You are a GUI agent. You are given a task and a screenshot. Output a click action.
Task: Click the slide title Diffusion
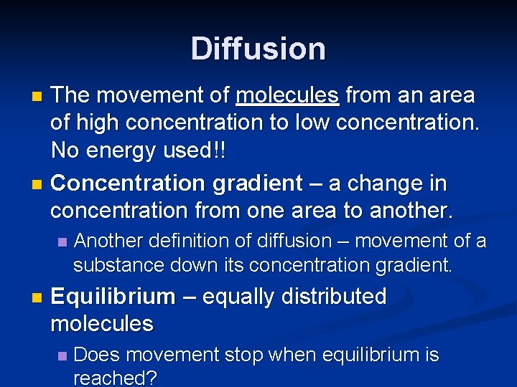[258, 49]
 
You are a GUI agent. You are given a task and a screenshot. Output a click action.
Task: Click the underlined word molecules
[287, 95]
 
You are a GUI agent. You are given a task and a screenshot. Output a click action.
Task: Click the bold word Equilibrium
[113, 296]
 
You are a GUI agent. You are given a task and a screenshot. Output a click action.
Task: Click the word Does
[96, 355]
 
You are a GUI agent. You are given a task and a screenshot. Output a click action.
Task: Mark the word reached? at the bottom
[115, 378]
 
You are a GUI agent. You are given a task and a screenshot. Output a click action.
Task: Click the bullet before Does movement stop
[62, 355]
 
